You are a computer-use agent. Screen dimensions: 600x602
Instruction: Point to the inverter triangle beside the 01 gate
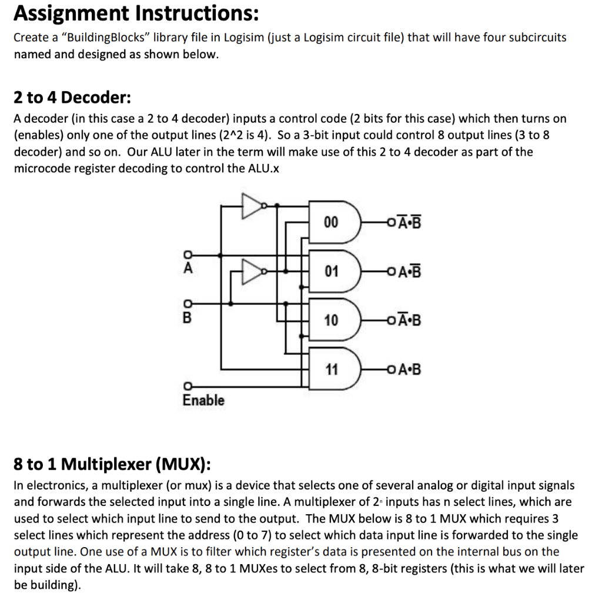pyautogui.click(x=252, y=271)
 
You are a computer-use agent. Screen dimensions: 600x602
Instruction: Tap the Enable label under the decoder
pyautogui.click(x=203, y=400)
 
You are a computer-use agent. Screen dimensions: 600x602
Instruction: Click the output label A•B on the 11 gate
pyautogui.click(x=409, y=370)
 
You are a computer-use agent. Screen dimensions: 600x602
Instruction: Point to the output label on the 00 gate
pyautogui.click(x=409, y=222)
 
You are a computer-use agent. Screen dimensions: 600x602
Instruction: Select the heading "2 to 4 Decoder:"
pyautogui.click(x=72, y=96)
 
